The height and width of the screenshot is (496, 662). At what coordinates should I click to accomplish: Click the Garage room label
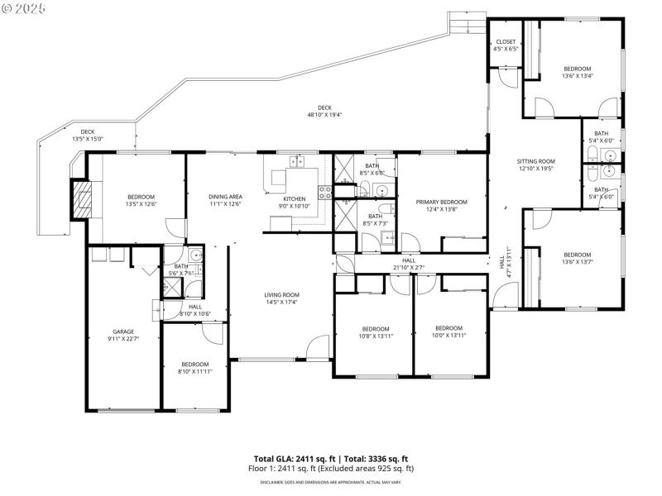tap(122, 335)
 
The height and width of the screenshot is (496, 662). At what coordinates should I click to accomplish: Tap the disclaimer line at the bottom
tap(330, 481)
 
